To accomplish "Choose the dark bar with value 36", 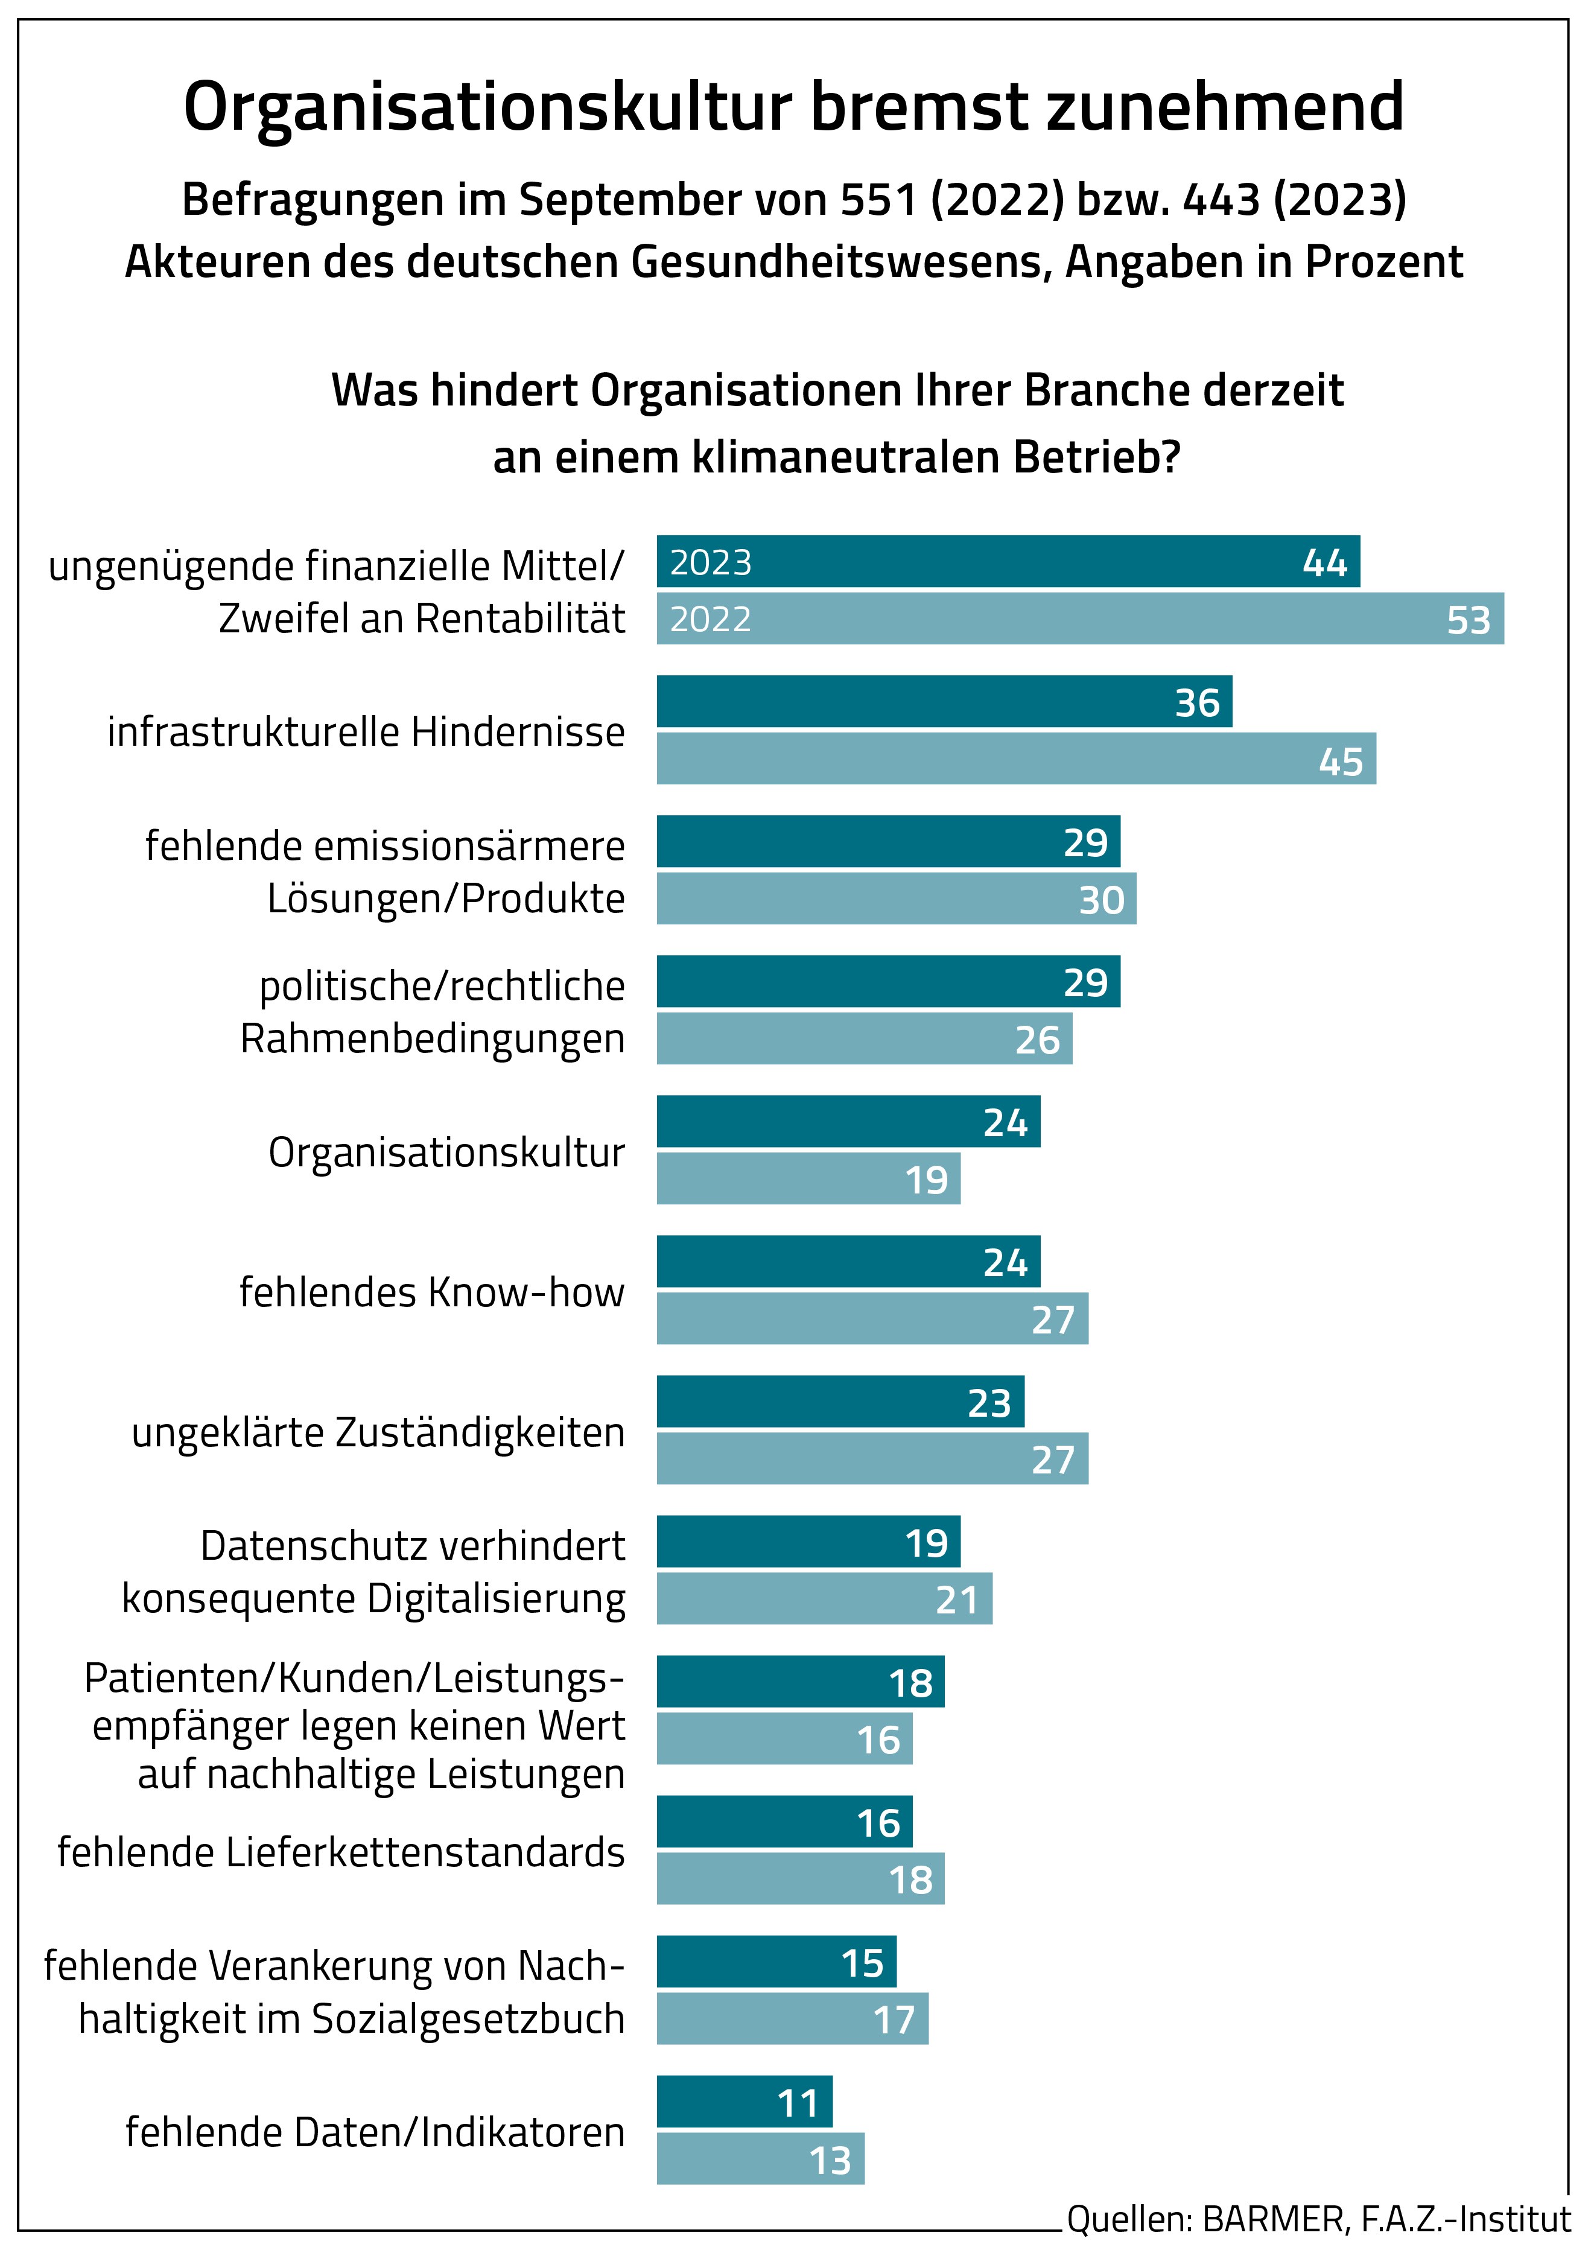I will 942,702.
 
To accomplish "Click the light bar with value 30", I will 895,899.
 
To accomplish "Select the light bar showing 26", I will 864,1038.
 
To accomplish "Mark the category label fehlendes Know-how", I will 432,1292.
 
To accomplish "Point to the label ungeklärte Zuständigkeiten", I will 378,1432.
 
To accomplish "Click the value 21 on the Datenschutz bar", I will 956,1600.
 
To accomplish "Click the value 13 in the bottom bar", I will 830,2161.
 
